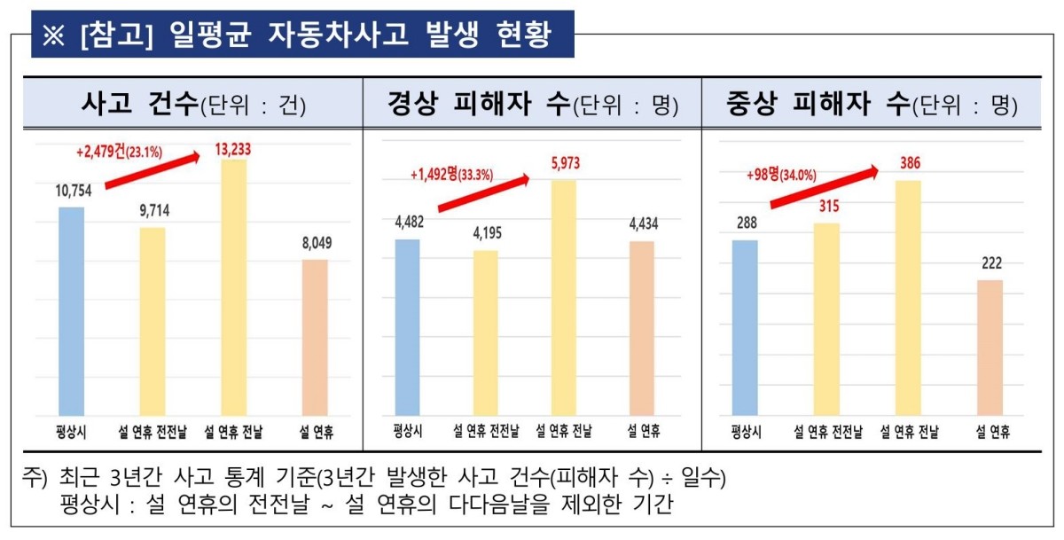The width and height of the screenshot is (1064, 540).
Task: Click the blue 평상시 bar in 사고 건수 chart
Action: pyautogui.click(x=71, y=311)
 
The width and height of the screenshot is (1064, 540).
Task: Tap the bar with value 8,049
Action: pyautogui.click(x=315, y=338)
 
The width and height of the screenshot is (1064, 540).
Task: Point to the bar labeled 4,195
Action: pyautogui.click(x=485, y=333)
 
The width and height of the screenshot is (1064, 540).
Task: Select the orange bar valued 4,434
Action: pyautogui.click(x=641, y=329)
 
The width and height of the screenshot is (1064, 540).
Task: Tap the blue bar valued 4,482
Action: pyautogui.click(x=407, y=328)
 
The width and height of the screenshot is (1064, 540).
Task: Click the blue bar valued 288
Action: pyautogui.click(x=745, y=328)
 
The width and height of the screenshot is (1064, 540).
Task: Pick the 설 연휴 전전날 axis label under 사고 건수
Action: pyautogui.click(x=152, y=431)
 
